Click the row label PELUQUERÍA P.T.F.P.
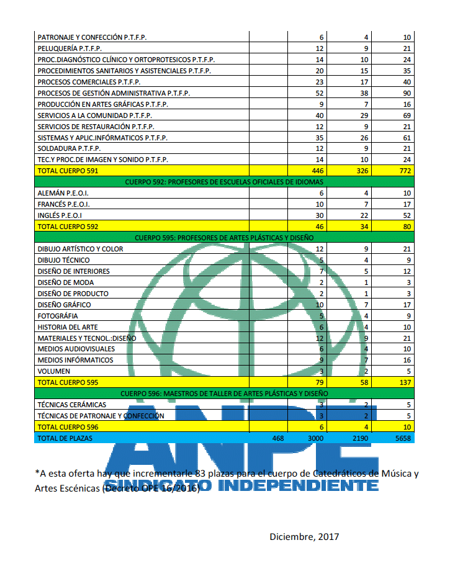click(x=70, y=48)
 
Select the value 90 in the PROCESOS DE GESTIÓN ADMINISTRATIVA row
click(x=407, y=93)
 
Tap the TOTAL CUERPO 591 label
click(x=68, y=170)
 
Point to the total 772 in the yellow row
click(x=405, y=170)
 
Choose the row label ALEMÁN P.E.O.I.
click(x=63, y=193)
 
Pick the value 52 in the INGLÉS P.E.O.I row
click(x=407, y=215)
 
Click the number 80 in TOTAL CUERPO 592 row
click(x=407, y=227)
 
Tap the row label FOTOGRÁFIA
click(x=59, y=316)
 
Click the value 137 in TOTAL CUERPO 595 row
click(x=405, y=382)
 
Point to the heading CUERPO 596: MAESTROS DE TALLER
click(x=223, y=393)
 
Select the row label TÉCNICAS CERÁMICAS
click(x=72, y=405)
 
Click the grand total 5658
click(x=403, y=438)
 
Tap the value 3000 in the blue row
click(x=316, y=438)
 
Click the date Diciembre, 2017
click(x=304, y=536)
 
